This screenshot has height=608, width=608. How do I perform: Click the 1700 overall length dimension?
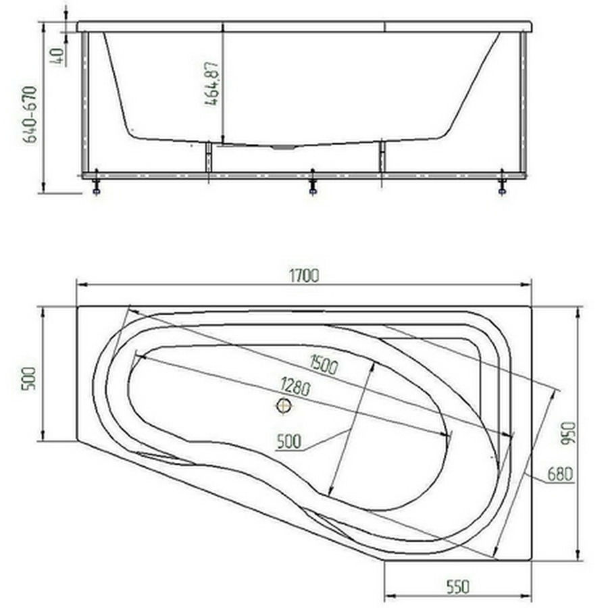coord(305,276)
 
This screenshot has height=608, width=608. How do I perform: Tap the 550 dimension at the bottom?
coord(457,586)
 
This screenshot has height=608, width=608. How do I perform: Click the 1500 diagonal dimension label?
coord(324,365)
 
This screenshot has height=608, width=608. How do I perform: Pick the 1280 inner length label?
coord(295,386)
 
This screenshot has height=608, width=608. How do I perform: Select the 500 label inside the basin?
coord(289,441)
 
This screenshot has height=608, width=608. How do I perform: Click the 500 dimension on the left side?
coord(30,378)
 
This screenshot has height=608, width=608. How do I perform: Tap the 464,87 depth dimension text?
coord(211,83)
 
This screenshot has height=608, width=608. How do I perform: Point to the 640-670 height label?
coord(30,115)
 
